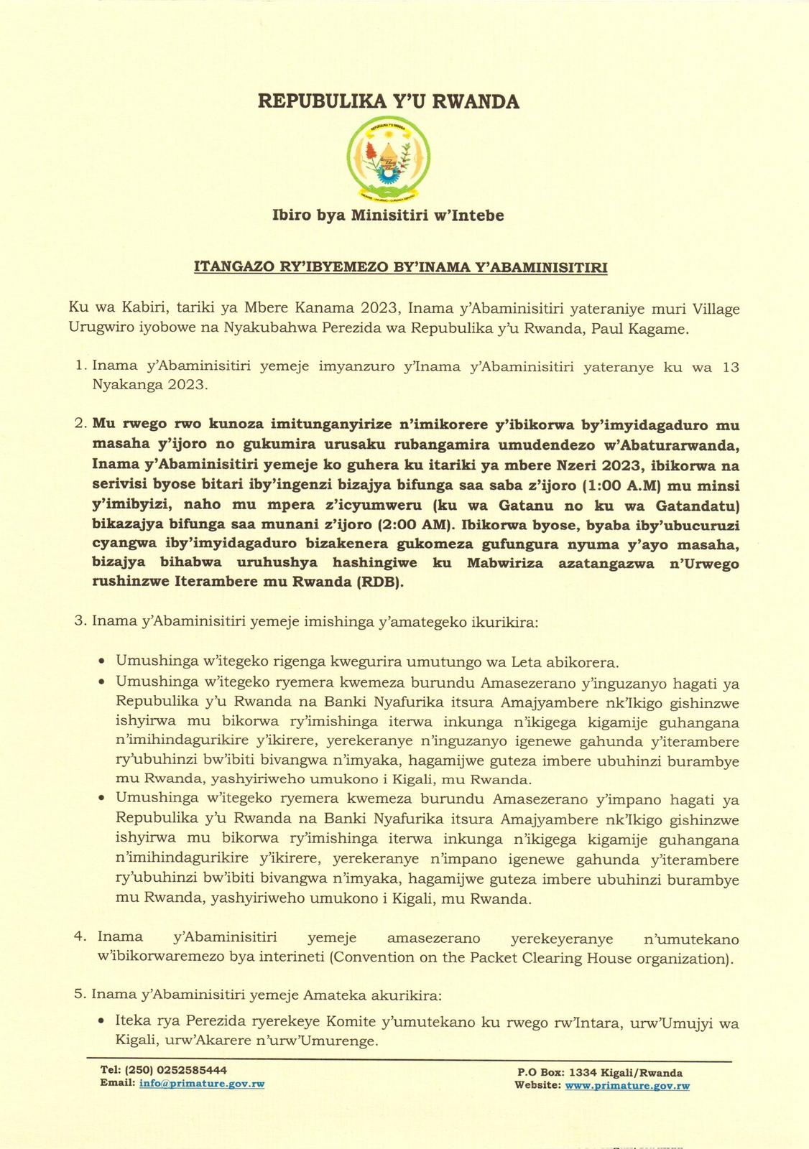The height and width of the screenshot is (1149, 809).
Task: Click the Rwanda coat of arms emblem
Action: click(x=388, y=158)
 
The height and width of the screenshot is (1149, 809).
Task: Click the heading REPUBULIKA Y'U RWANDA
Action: click(x=389, y=101)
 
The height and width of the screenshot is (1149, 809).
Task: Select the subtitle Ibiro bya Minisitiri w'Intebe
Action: click(x=388, y=215)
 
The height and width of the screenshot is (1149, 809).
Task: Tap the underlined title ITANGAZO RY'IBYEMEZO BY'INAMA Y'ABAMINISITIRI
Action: click(x=401, y=267)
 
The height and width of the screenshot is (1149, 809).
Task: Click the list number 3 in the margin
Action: click(x=80, y=620)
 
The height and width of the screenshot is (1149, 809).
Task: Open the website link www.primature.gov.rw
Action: click(x=627, y=1086)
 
